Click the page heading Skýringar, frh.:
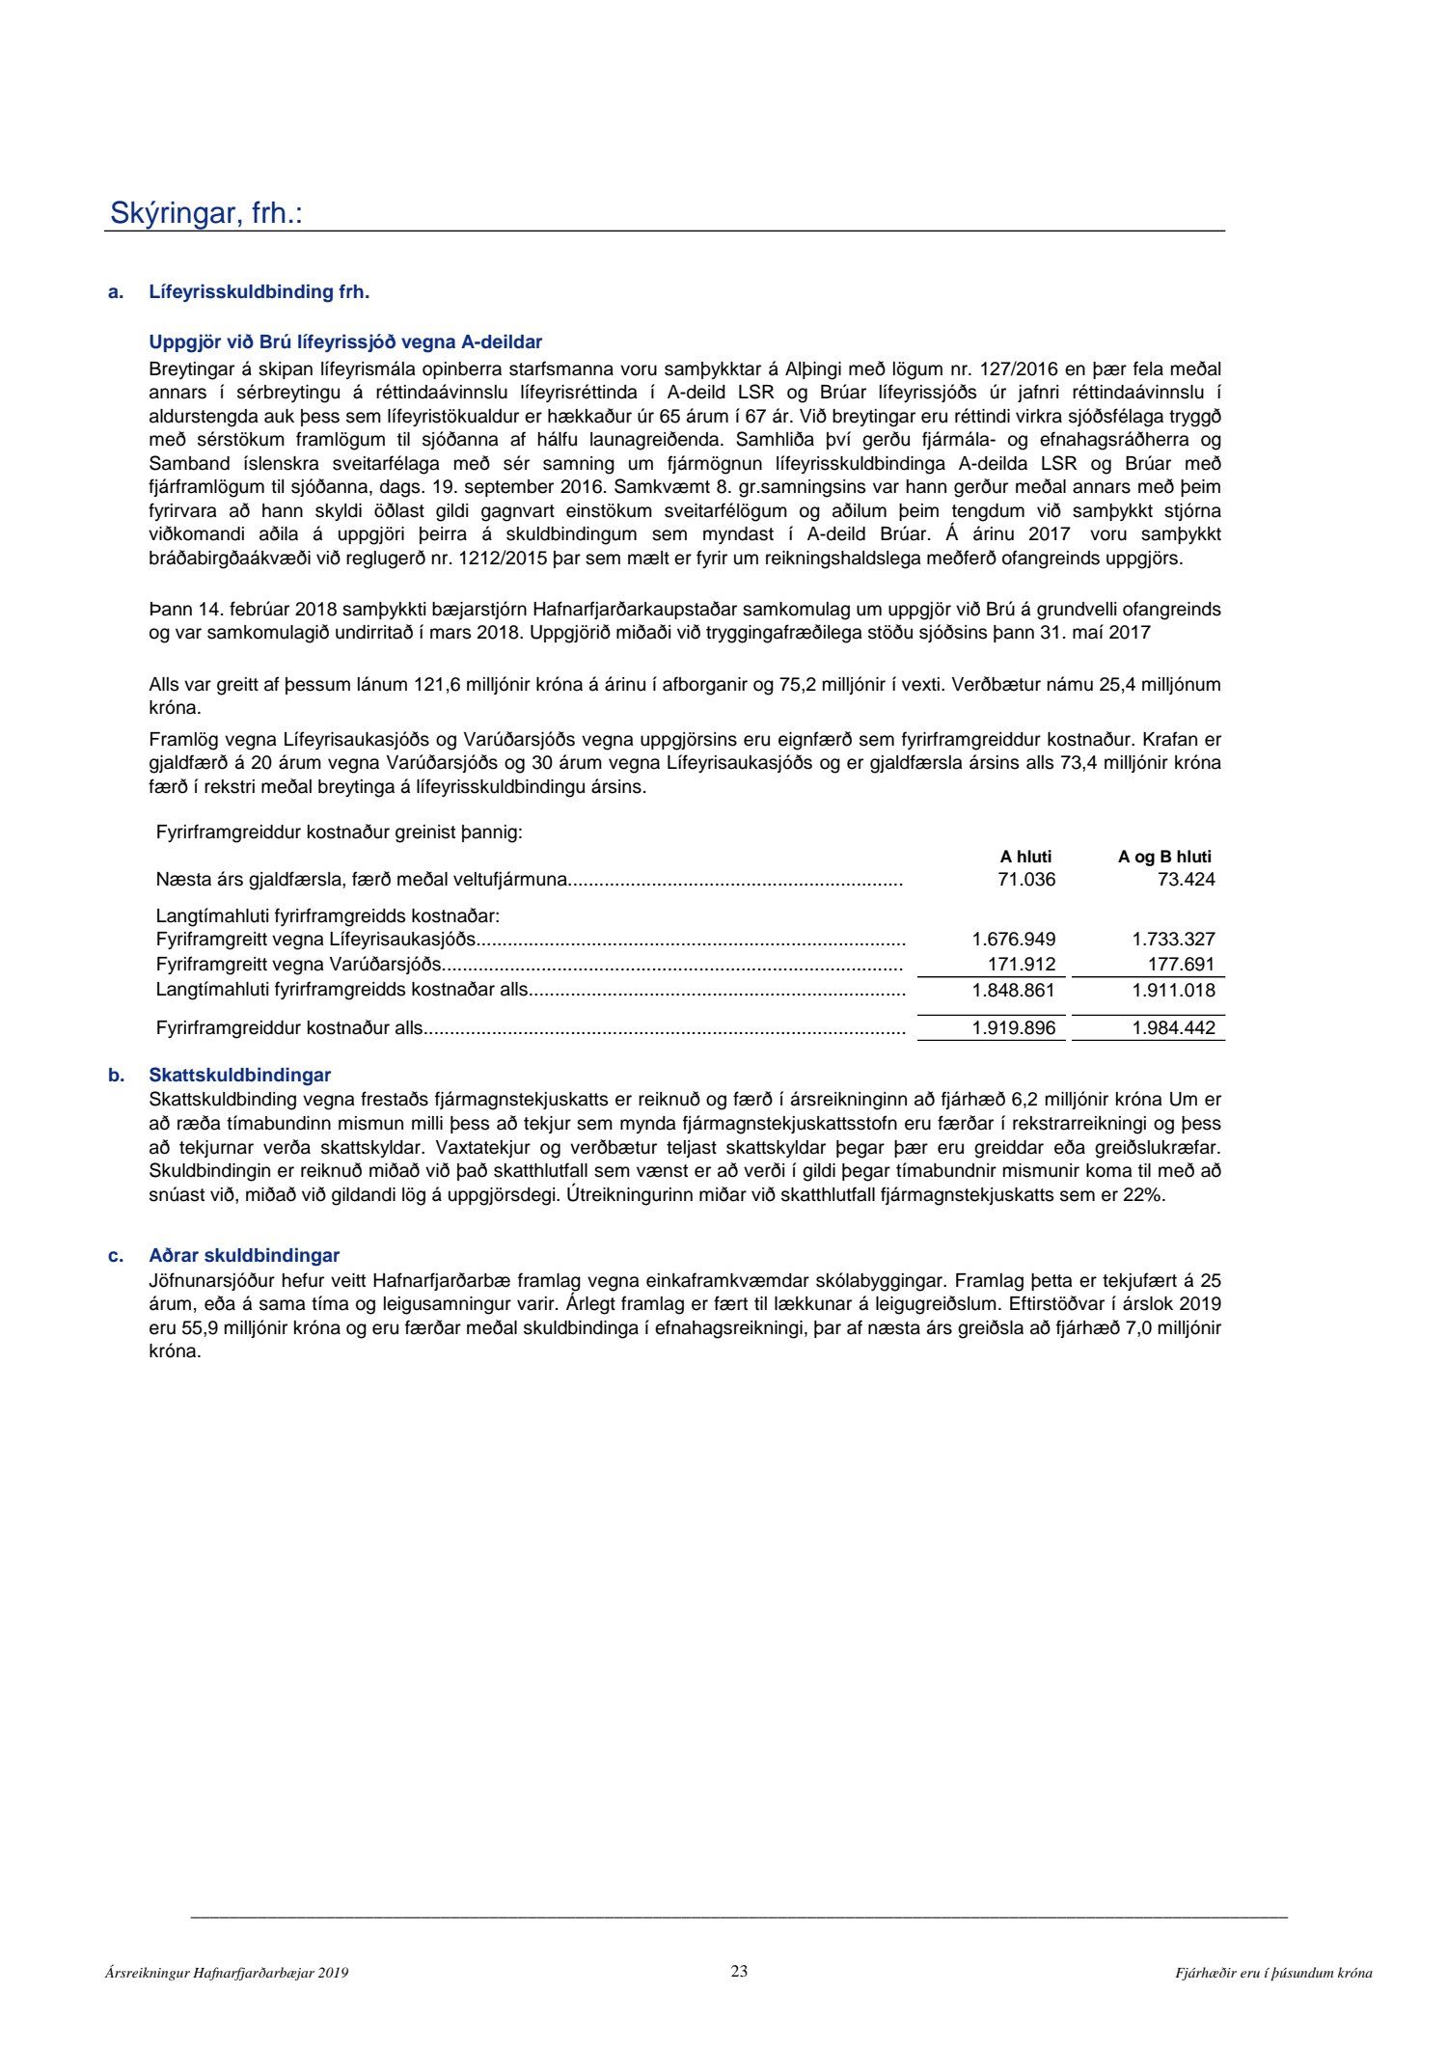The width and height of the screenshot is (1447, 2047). [x=205, y=213]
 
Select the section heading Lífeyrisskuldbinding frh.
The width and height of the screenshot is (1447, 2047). [x=259, y=291]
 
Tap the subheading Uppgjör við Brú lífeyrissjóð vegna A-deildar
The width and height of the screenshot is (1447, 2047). [x=345, y=342]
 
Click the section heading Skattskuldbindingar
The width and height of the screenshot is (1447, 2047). [x=239, y=1075]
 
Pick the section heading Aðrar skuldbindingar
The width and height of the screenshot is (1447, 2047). [x=244, y=1255]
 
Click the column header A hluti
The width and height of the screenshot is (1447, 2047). [x=1025, y=857]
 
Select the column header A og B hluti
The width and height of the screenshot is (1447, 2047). [x=1164, y=857]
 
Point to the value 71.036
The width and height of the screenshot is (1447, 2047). [x=1026, y=879]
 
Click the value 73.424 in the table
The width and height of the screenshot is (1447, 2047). [x=1186, y=879]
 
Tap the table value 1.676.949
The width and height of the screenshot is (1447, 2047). [x=1013, y=939]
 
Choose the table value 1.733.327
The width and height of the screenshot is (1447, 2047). [x=1173, y=939]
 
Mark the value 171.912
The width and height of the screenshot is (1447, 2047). [x=1021, y=964]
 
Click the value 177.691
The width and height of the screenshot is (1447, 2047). [x=1181, y=964]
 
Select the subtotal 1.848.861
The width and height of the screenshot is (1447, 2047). [x=1013, y=990]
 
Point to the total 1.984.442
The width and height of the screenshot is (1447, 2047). [x=1173, y=1028]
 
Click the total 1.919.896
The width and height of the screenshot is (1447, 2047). [x=1013, y=1028]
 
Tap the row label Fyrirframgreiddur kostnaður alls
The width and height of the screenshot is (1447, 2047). [x=289, y=1028]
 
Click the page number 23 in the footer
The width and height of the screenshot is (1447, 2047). [x=739, y=1972]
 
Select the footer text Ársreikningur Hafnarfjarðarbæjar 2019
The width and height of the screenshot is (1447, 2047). [x=227, y=1974]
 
